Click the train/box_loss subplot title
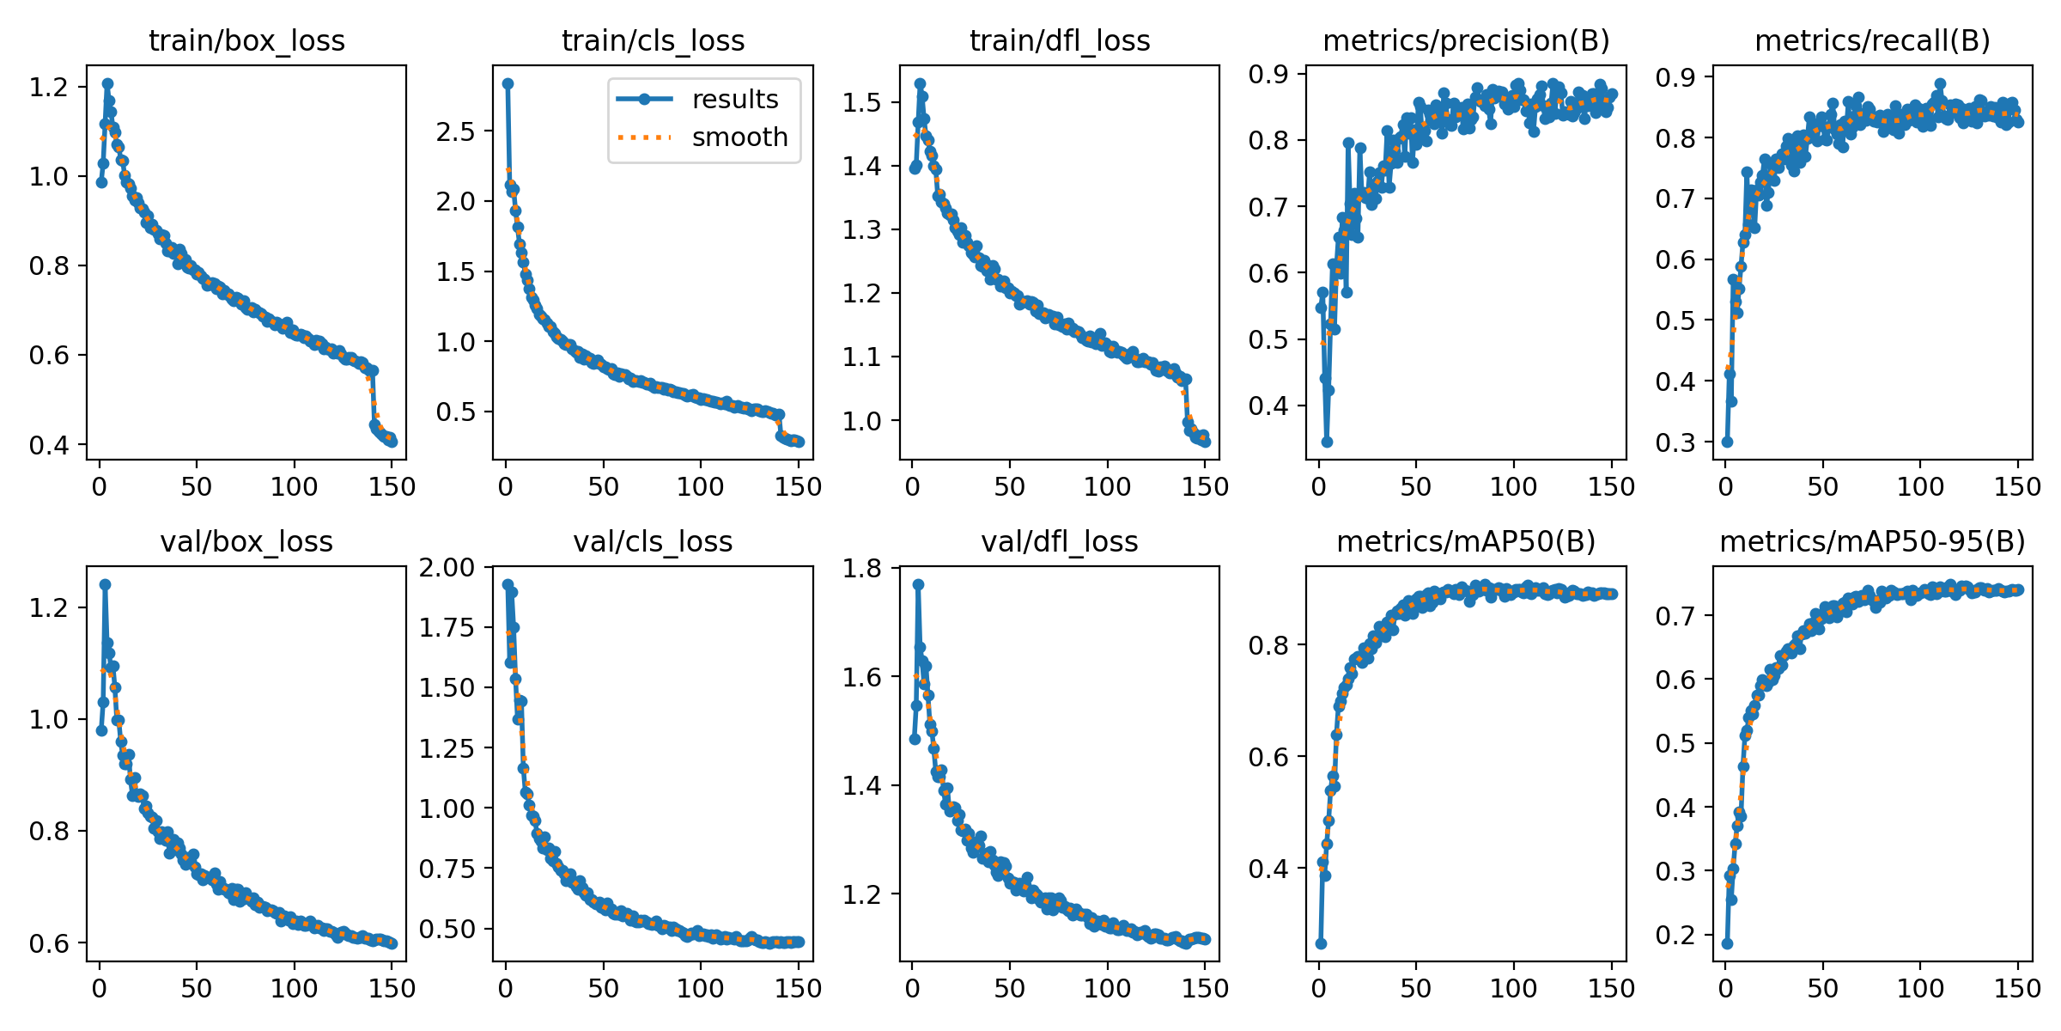click(246, 40)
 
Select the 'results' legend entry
click(734, 100)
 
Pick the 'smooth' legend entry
click(739, 137)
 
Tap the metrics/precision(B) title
click(1466, 40)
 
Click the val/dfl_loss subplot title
click(1060, 542)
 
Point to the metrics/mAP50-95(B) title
click(1872, 542)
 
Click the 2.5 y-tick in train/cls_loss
click(455, 131)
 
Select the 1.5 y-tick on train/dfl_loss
click(862, 102)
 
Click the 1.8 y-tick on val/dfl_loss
click(862, 568)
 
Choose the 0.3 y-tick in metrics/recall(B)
click(1675, 442)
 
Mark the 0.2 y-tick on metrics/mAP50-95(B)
click(1675, 936)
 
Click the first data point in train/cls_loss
click(508, 83)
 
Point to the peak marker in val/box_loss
click(105, 584)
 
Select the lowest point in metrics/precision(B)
click(1327, 442)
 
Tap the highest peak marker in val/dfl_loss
click(918, 584)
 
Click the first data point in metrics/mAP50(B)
click(1321, 943)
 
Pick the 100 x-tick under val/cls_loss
click(700, 989)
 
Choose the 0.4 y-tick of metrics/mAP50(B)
click(1268, 869)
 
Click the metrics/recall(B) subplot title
click(1872, 40)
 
